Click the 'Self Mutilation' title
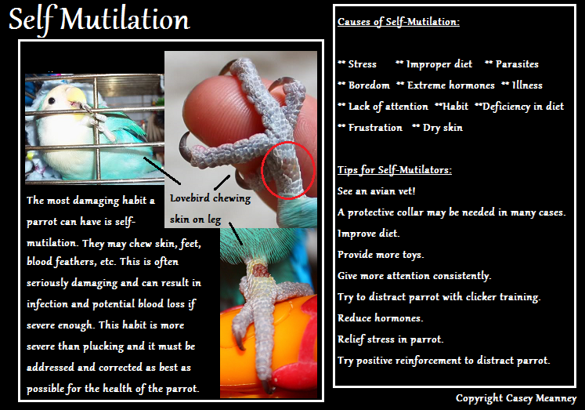pyautogui.click(x=99, y=20)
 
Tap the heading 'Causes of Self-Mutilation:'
pyautogui.click(x=399, y=22)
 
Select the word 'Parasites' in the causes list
pyautogui.click(x=517, y=64)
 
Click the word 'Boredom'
pyautogui.click(x=369, y=85)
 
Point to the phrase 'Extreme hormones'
pyautogui.click(x=450, y=85)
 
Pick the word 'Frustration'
pyautogui.click(x=375, y=128)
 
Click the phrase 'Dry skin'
pyautogui.click(x=442, y=128)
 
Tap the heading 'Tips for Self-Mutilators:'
pyautogui.click(x=395, y=170)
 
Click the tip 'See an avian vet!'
pyautogui.click(x=376, y=191)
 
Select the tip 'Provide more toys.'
pyautogui.click(x=381, y=255)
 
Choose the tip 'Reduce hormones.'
pyautogui.click(x=380, y=318)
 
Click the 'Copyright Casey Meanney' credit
pyautogui.click(x=516, y=398)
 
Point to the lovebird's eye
pyautogui.click(x=52, y=100)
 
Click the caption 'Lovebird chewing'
pyautogui.click(x=210, y=198)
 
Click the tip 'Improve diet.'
pyautogui.click(x=368, y=234)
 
